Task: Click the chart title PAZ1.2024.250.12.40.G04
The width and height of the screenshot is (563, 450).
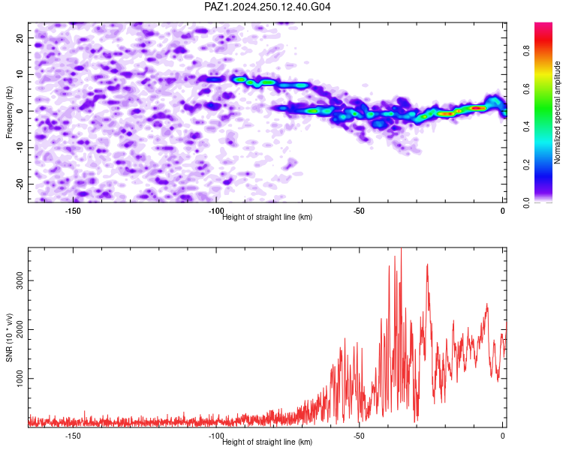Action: (x=267, y=7)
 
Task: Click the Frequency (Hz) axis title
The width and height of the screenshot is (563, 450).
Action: (x=9, y=112)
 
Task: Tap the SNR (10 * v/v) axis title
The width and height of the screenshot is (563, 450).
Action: (x=9, y=337)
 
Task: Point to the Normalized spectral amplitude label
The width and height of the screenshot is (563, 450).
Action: (x=557, y=112)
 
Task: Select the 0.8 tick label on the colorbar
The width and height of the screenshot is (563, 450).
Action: (x=526, y=50)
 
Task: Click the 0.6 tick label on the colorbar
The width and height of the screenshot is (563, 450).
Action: (x=526, y=88)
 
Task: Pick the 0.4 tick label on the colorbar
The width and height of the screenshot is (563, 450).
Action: (x=526, y=127)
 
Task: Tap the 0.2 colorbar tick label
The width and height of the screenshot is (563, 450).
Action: (x=526, y=165)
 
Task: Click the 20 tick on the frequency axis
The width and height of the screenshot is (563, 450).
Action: (x=20, y=37)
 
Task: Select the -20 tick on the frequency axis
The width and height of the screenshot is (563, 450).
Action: (x=20, y=184)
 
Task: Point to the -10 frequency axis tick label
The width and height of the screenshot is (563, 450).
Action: (x=20, y=148)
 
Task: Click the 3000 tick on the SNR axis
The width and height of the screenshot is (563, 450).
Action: (x=20, y=280)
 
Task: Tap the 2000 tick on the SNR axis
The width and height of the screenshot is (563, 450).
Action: (x=20, y=329)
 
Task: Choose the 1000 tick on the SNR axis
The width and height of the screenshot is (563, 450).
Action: (x=20, y=378)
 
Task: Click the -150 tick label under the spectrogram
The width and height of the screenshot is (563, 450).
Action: (x=73, y=211)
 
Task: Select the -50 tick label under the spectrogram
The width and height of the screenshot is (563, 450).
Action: (x=359, y=211)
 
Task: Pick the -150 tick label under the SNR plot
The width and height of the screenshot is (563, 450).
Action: (x=73, y=436)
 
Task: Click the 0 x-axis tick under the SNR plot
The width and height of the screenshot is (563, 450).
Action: (x=503, y=436)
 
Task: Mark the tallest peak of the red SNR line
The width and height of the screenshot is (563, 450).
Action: (x=401, y=248)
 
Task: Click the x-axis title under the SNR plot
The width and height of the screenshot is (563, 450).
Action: (x=267, y=442)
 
